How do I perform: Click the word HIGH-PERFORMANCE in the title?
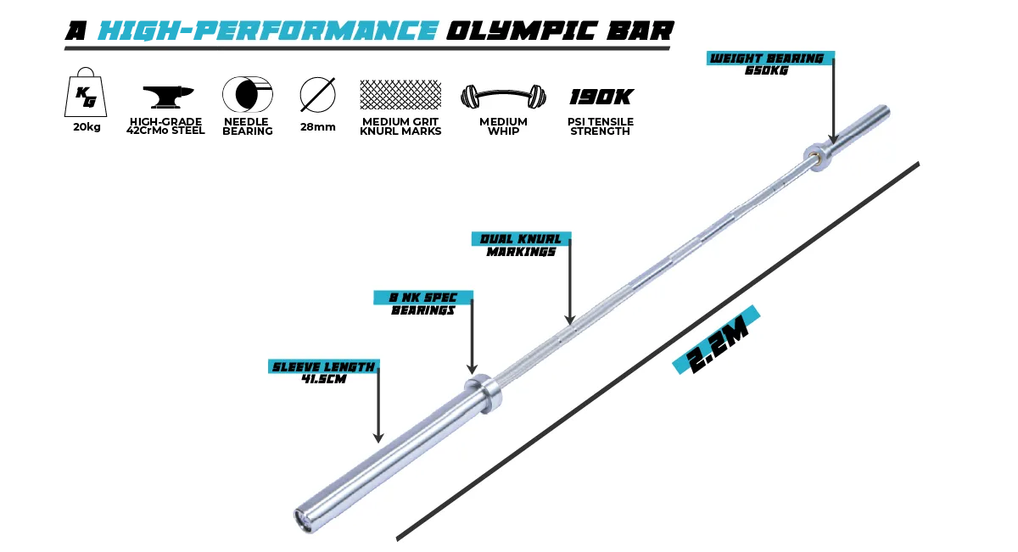click(268, 31)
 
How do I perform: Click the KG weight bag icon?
click(86, 92)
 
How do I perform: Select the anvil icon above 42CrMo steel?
click(168, 97)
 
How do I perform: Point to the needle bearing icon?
click(247, 94)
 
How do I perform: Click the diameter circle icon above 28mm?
click(317, 94)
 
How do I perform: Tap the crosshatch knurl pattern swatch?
click(400, 94)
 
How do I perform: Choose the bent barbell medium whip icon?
click(503, 96)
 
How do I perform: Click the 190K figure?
click(601, 97)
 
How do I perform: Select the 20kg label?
click(87, 127)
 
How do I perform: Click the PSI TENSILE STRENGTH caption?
click(601, 126)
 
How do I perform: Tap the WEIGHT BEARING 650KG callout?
click(770, 64)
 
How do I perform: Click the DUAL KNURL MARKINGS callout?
click(521, 245)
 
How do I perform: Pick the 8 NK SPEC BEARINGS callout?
click(423, 304)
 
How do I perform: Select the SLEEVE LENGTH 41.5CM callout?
click(323, 372)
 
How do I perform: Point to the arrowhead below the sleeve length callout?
click(378, 438)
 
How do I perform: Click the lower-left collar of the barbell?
click(484, 393)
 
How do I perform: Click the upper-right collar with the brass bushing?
click(818, 157)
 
